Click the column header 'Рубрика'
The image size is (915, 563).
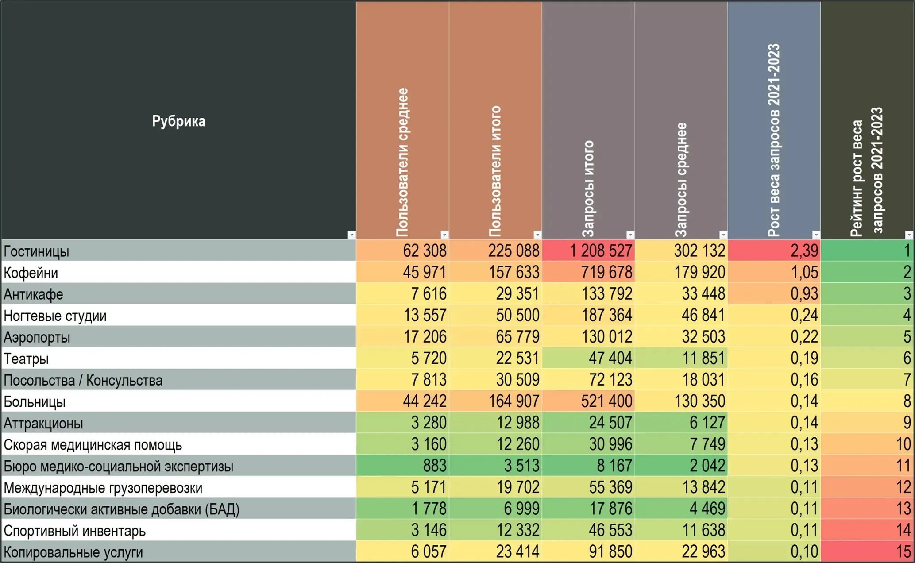[178, 121]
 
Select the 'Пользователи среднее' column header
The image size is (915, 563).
[402, 163]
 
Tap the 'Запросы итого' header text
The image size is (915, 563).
[588, 189]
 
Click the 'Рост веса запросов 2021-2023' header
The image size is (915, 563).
[773, 140]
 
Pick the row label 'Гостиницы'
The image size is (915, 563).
[36, 251]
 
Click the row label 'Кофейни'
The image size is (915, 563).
[31, 273]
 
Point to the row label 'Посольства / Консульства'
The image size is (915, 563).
[83, 380]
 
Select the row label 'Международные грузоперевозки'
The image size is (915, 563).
[103, 488]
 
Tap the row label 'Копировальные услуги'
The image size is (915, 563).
[73, 552]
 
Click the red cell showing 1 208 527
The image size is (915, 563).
[588, 251]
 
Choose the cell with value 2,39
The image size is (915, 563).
[774, 251]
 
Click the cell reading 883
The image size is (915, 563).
[402, 466]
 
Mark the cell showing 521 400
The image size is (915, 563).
[588, 401]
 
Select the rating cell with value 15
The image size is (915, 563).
[868, 551]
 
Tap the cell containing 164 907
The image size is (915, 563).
[495, 401]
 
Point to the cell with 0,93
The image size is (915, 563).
[774, 293]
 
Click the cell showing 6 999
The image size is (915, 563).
[495, 509]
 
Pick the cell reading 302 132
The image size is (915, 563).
[681, 251]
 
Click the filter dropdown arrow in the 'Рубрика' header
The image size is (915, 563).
[351, 235]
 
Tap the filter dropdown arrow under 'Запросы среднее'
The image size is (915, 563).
[723, 235]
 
